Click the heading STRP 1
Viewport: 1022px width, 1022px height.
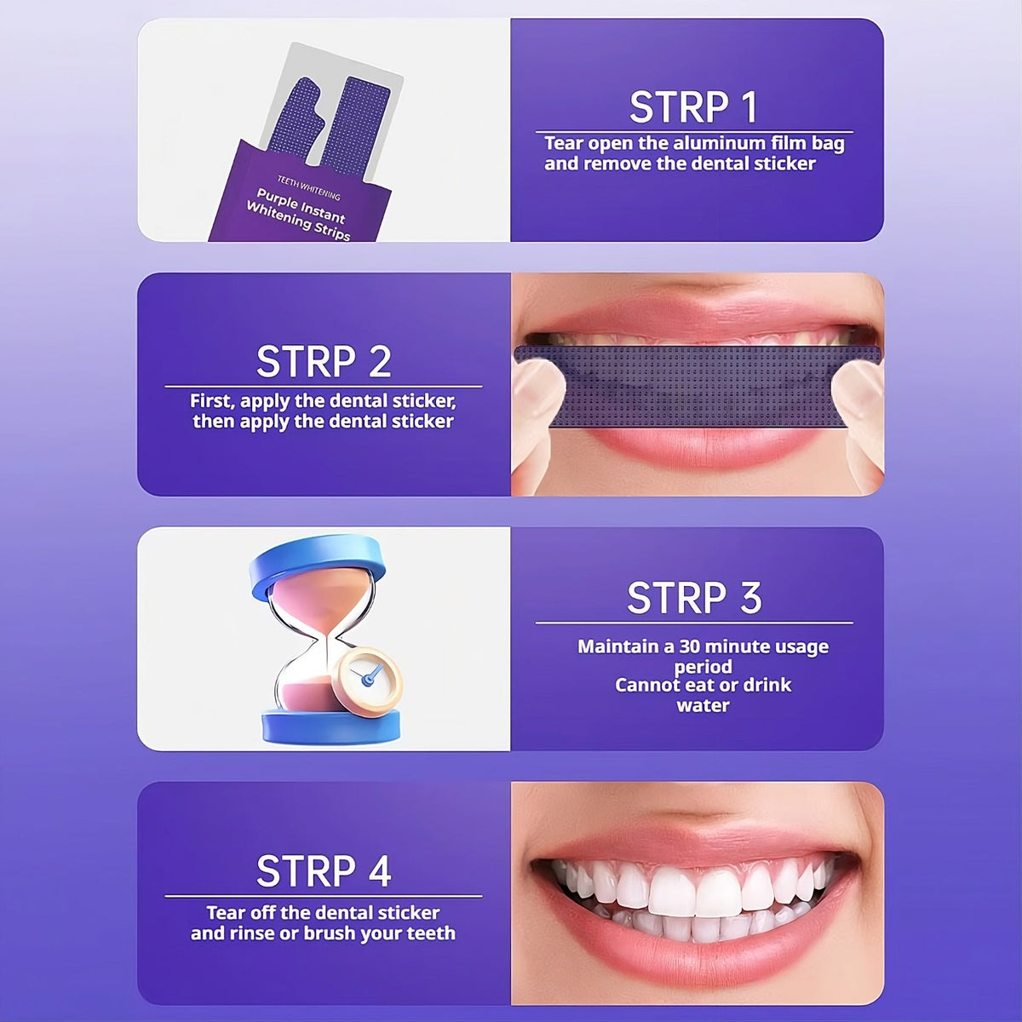click(693, 107)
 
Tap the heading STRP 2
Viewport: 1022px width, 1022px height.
click(324, 362)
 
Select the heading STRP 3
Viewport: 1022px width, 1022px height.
click(693, 598)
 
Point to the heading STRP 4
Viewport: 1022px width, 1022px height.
click(324, 871)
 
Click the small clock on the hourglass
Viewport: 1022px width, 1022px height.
click(367, 678)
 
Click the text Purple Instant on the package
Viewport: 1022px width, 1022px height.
click(300, 204)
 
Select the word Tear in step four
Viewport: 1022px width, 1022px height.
click(225, 913)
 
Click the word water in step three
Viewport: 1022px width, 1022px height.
click(703, 705)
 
